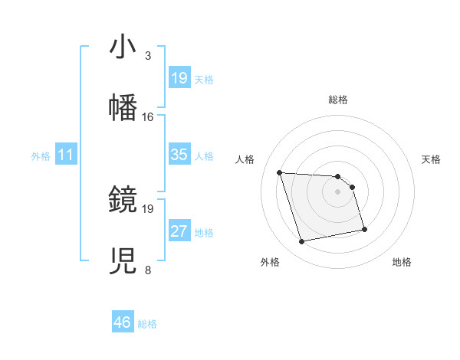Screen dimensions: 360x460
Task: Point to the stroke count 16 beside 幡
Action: click(x=148, y=117)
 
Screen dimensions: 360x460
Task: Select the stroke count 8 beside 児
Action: click(x=148, y=270)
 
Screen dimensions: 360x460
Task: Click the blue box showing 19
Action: click(x=179, y=77)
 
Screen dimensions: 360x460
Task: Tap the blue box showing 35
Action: click(x=179, y=155)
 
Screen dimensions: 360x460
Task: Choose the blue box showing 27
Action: click(x=179, y=231)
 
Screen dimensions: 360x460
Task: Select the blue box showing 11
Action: click(x=66, y=155)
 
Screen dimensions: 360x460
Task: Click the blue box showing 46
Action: click(x=122, y=322)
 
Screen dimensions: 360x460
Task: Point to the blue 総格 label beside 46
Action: click(x=147, y=324)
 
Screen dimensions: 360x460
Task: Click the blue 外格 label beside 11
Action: click(x=41, y=156)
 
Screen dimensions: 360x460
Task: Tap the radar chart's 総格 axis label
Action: click(x=338, y=100)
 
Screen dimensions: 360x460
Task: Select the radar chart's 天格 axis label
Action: click(x=432, y=159)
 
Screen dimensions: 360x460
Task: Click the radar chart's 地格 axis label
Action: click(x=402, y=262)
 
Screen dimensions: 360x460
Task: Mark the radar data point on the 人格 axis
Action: click(x=280, y=172)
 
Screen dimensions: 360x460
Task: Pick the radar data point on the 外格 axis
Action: click(x=302, y=242)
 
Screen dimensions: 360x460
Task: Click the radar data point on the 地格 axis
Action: click(x=364, y=228)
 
